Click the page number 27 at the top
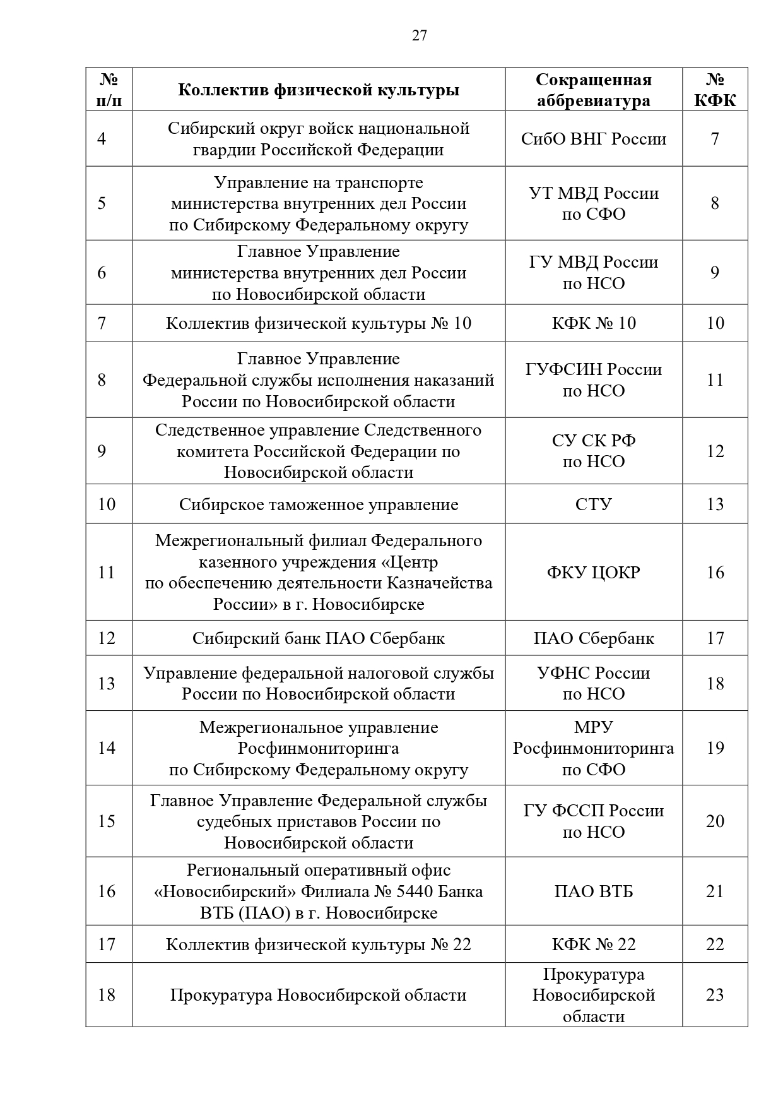(x=419, y=36)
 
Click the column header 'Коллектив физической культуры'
(x=318, y=90)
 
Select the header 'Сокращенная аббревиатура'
(x=593, y=90)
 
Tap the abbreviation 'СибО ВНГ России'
(x=593, y=139)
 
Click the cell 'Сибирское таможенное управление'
(x=318, y=504)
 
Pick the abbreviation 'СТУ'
(x=593, y=504)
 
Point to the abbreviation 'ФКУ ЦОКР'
(x=593, y=573)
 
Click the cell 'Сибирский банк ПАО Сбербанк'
(x=318, y=638)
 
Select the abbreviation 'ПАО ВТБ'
(x=593, y=891)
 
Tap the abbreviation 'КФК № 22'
(x=593, y=944)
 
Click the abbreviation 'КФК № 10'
(x=593, y=323)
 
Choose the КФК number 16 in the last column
(x=715, y=573)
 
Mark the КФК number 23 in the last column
(x=715, y=995)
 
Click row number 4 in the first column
(x=102, y=139)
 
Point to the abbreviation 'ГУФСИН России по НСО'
(x=593, y=380)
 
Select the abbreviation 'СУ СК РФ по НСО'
(x=593, y=451)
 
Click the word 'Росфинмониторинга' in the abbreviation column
(x=593, y=749)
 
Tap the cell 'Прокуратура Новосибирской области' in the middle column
(x=318, y=996)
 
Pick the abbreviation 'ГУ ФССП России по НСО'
(x=593, y=821)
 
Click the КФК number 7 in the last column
(x=715, y=139)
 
